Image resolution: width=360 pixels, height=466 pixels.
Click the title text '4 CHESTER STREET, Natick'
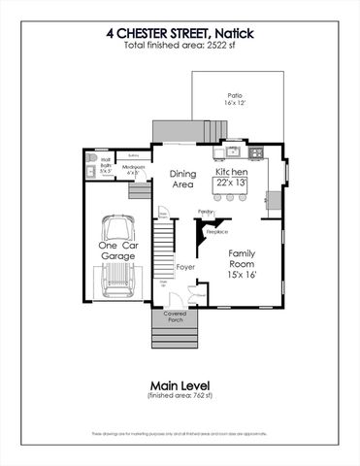tap(180, 32)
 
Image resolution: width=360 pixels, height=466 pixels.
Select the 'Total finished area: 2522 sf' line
tap(180, 46)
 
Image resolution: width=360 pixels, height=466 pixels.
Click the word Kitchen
tap(232, 172)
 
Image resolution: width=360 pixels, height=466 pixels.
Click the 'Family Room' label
tap(243, 257)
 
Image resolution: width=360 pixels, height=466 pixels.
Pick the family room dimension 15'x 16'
tap(244, 275)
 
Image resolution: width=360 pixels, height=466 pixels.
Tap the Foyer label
tap(185, 265)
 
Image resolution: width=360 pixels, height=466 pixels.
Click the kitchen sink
tap(232, 152)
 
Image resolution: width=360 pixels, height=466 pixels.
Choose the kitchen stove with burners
tap(256, 152)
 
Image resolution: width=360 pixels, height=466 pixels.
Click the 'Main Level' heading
tap(180, 384)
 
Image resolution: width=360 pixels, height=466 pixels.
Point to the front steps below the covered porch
tap(174, 338)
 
